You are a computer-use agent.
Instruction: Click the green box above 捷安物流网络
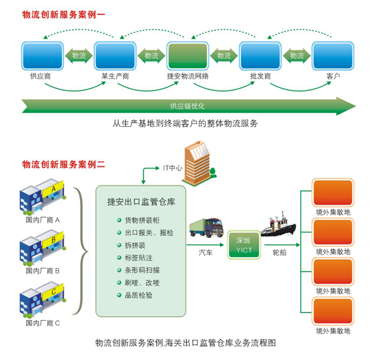pos(188,56)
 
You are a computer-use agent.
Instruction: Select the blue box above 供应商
pos(42,56)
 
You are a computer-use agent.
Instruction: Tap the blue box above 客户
pos(333,56)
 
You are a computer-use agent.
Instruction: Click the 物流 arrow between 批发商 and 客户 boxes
pos(297,56)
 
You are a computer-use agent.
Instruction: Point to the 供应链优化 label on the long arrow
pos(187,106)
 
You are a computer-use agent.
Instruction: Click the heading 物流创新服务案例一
pos(63,15)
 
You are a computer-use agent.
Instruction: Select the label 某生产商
pos(115,76)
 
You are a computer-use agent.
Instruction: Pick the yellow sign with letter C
pos(53,292)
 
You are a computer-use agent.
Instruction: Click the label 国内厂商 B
pos(42,271)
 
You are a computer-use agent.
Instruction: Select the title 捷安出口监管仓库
pos(141,201)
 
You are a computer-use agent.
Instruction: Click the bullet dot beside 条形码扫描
pos(119,270)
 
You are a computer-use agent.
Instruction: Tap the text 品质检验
pos(138,296)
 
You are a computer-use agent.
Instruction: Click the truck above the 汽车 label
pos(207,227)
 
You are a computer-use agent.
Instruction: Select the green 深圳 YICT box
pos(244,245)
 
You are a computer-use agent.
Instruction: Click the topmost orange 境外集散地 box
pos(333,193)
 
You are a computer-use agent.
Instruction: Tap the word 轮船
pos(279,253)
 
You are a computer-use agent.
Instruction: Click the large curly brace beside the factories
pos(81,251)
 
